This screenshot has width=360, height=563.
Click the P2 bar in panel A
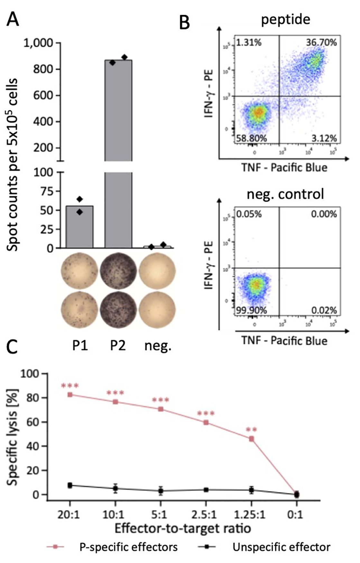[x=118, y=154]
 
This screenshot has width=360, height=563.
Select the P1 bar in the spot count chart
[x=79, y=227]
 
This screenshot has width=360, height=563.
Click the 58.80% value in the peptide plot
[x=251, y=139]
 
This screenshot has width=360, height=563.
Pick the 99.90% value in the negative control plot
[x=251, y=310]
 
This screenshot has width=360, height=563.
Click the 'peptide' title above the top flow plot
[x=285, y=19]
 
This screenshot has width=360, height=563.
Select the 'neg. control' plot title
[x=285, y=194]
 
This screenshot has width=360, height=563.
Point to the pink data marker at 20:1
[x=70, y=395]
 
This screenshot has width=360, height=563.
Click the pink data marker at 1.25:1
[x=252, y=439]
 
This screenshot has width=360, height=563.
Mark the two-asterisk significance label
[x=252, y=430]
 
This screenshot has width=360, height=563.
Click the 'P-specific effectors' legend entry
[x=128, y=547]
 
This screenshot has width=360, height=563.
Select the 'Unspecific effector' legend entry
[x=282, y=547]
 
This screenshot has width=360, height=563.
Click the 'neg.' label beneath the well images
[x=158, y=346]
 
